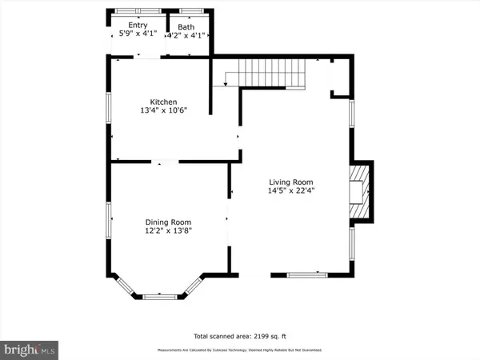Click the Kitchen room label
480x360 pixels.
tap(162, 102)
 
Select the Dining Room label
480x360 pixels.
tap(168, 222)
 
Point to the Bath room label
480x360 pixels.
tap(186, 26)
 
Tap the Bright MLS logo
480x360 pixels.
tap(29, 349)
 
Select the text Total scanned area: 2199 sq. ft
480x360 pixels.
tap(239, 336)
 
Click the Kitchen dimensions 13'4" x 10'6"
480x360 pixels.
tap(162, 112)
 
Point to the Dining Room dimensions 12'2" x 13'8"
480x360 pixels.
tap(168, 231)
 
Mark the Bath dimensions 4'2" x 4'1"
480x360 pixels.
tap(186, 35)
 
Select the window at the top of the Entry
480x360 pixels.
tap(138, 10)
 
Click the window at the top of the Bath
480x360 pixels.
tap(190, 10)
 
